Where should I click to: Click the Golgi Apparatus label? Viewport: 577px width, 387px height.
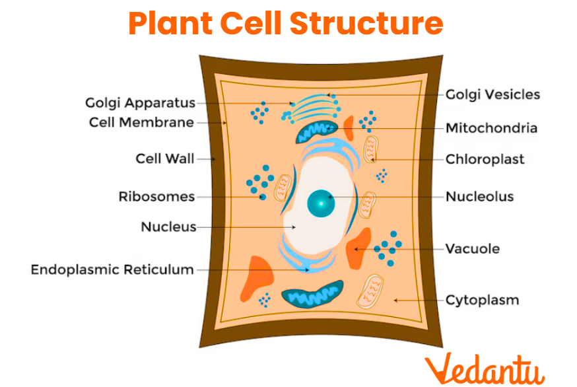(140, 103)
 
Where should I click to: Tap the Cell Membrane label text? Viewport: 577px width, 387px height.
(141, 122)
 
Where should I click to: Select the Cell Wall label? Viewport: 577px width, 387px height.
(165, 158)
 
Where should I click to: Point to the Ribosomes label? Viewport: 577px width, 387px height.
(156, 196)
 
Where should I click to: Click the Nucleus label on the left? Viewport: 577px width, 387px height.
(168, 227)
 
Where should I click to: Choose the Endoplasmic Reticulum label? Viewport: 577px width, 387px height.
(112, 269)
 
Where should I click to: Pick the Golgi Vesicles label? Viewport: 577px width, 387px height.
(492, 94)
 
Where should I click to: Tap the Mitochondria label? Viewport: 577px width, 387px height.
(491, 127)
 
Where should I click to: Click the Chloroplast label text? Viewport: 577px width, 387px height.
(485, 159)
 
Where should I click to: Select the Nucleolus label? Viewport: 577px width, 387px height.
(479, 196)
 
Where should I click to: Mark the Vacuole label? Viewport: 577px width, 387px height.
(472, 249)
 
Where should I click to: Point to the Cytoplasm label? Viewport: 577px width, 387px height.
(482, 300)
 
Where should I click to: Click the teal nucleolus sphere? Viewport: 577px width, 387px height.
(322, 203)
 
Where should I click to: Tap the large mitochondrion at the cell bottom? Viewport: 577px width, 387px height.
(312, 295)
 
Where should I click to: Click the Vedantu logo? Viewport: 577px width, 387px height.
(485, 367)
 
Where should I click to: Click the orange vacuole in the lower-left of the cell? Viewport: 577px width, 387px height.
(257, 277)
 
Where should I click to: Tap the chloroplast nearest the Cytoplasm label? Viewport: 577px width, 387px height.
(372, 293)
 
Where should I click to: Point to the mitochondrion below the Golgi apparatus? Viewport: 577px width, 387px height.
(316, 132)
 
